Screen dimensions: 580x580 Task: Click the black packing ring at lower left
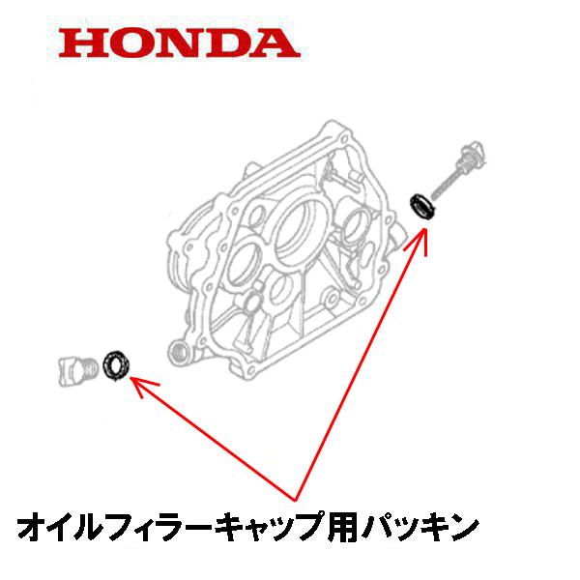click(117, 364)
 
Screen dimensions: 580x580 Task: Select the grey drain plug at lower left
click(79, 370)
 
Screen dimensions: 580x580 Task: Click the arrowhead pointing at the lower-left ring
click(142, 385)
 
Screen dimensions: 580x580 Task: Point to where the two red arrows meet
click(295, 501)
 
